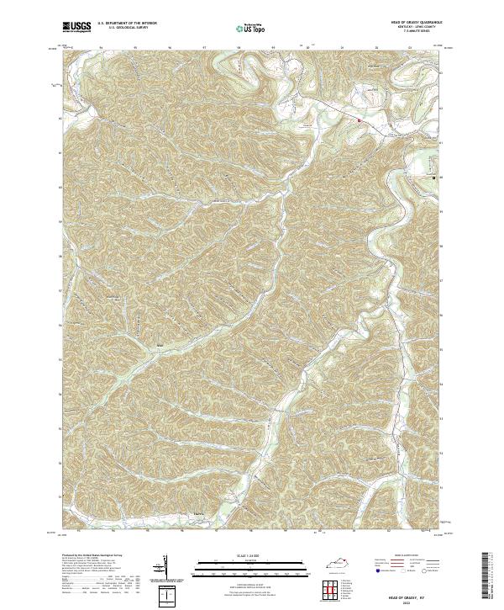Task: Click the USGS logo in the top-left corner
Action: click(x=75, y=28)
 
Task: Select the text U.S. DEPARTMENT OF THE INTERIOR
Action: click(x=128, y=24)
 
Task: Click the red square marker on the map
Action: click(x=360, y=120)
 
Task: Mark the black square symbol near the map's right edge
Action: click(x=434, y=178)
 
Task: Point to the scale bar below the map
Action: click(x=251, y=564)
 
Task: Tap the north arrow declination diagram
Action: click(x=165, y=568)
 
